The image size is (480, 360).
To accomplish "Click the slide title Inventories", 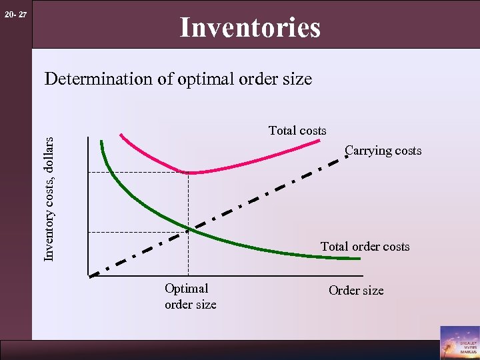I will pos(250,28).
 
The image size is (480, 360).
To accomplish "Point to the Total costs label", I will pos(297,131).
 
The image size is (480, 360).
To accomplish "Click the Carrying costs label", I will pos(383,151).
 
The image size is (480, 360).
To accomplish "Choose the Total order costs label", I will pos(365,247).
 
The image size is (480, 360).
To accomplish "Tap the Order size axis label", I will pos(356,291).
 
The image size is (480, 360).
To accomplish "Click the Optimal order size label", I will pos(190,296).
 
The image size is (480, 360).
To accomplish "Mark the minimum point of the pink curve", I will pos(189,173).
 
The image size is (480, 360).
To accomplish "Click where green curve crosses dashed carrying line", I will pos(189,230).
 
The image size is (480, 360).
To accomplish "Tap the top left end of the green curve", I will pos(101,140).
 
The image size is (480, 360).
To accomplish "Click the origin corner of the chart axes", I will pos(88,275).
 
